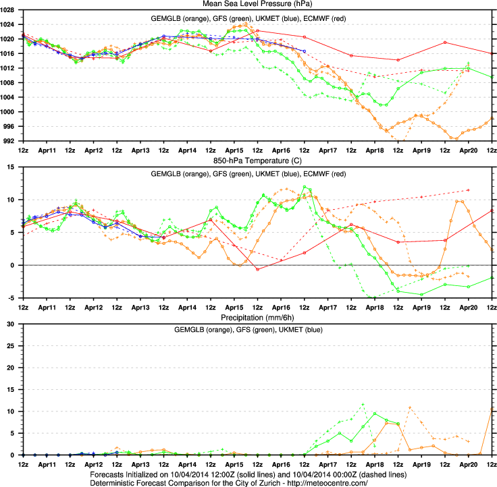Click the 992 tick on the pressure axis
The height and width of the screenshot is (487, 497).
pos(13,141)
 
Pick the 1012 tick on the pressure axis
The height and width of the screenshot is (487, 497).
pos(11,68)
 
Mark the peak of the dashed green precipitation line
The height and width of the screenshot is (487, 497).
pos(363,404)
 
